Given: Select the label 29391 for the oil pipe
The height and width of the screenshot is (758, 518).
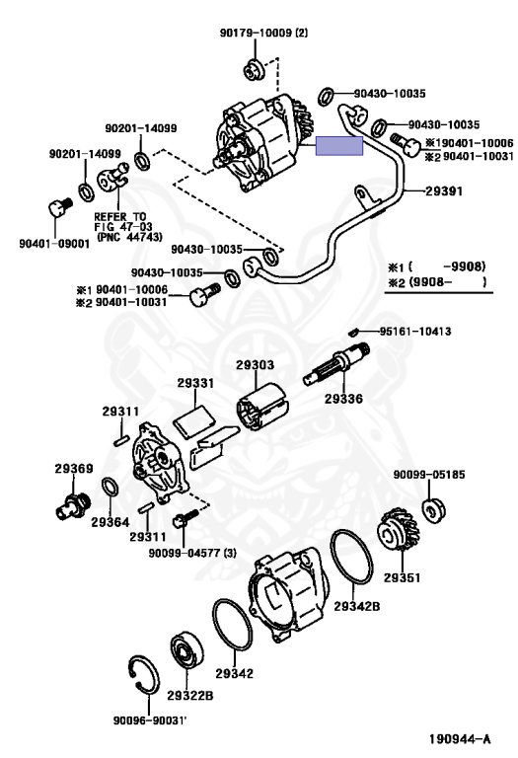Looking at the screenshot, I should coord(444,192).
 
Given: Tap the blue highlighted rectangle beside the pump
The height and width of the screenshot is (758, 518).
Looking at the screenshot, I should coord(338,147).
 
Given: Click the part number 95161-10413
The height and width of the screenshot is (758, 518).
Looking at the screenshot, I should coord(412,331).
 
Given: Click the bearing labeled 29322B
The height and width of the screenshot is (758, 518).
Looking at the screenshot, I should coord(185,650).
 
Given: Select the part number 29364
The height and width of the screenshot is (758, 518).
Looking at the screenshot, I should coord(110,521).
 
